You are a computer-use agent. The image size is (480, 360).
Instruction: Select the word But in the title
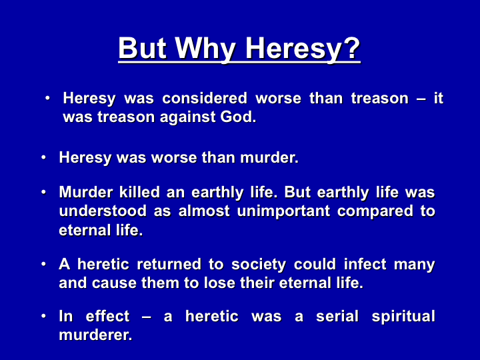(143, 47)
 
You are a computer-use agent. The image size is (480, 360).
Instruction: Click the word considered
(205, 98)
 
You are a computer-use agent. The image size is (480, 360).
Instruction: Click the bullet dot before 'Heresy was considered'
(47, 98)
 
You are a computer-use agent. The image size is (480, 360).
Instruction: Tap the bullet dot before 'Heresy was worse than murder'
(43, 157)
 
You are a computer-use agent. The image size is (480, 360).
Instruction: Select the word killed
(139, 192)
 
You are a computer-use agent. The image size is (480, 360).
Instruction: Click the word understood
(103, 211)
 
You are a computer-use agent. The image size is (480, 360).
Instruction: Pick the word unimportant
(283, 212)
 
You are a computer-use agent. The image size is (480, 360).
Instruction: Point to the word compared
(375, 212)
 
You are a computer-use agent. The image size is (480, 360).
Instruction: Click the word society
(259, 265)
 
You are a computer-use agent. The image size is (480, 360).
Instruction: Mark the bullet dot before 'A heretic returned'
(43, 264)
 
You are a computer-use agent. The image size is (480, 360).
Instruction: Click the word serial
(337, 316)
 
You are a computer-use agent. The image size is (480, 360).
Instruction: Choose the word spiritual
(403, 317)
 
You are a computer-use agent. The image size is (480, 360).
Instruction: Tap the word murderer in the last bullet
(95, 335)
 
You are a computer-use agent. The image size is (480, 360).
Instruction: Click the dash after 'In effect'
(147, 317)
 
